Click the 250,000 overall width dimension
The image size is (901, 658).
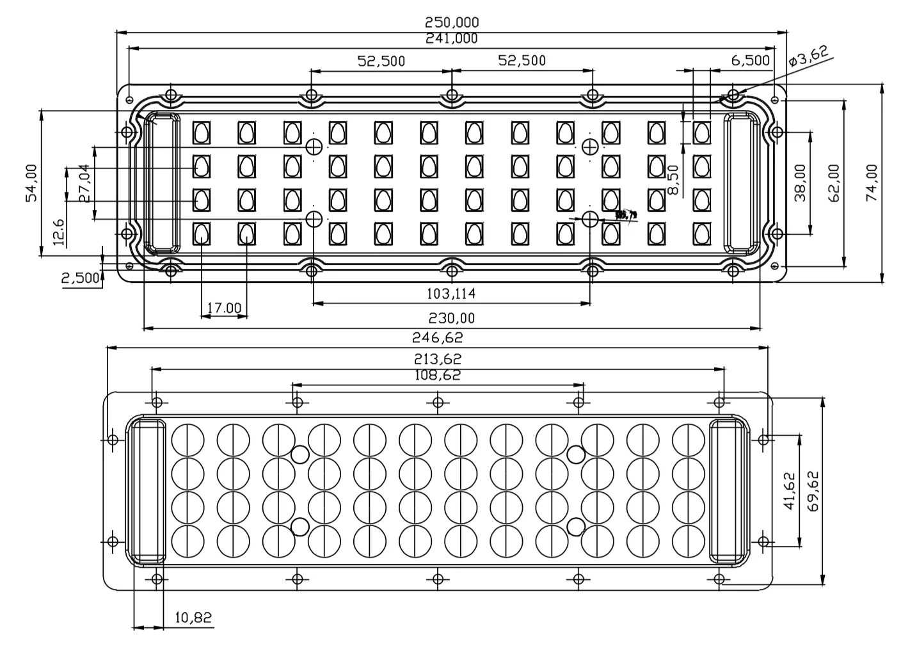click(452, 22)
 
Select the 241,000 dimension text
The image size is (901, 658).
click(452, 38)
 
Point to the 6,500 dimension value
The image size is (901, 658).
click(750, 61)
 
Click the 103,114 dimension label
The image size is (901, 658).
click(451, 294)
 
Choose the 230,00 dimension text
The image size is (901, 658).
click(451, 318)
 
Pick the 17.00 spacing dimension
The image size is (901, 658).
click(223, 308)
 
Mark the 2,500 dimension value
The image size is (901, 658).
click(81, 278)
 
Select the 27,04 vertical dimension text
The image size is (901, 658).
click(84, 183)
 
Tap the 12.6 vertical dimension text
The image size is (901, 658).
click(58, 232)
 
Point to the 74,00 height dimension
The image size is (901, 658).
click(872, 183)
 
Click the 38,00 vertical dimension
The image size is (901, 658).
click(800, 183)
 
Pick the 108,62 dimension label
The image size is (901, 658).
click(438, 375)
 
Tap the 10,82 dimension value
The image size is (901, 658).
click(193, 618)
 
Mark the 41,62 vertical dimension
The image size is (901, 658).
click(788, 491)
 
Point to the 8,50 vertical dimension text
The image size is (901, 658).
click(673, 181)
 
